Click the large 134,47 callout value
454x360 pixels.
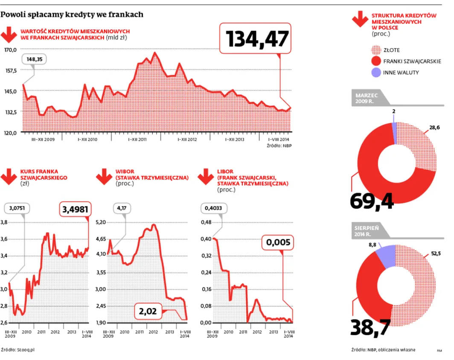point(257,39)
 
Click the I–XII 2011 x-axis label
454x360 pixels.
point(137,139)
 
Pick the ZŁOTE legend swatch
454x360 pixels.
point(376,50)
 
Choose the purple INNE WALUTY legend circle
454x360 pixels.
point(376,73)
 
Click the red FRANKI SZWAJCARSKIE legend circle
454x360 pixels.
point(376,61)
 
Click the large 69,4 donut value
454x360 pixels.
point(372,201)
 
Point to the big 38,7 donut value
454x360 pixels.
point(370,327)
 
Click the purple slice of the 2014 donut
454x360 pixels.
point(386,256)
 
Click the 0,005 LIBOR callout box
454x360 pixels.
point(278,243)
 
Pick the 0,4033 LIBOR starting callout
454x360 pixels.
point(214,209)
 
